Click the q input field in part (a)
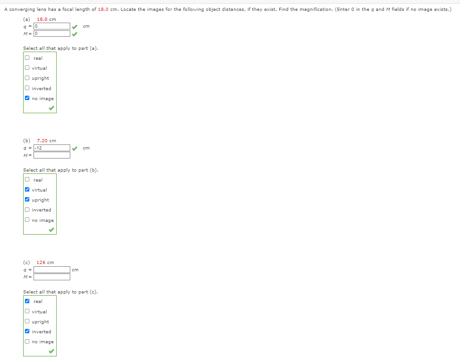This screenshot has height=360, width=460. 52,26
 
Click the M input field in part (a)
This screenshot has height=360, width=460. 52,34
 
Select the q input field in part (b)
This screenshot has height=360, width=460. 52,148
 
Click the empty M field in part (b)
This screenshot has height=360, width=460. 52,155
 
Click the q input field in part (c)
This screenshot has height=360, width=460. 52,270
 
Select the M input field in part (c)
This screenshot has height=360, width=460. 52,277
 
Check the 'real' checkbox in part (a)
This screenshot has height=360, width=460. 28,58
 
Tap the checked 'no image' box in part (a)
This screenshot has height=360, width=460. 28,98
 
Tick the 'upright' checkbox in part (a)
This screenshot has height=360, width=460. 28,78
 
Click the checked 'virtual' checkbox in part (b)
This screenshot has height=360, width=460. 28,190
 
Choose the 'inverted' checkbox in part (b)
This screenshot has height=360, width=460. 28,210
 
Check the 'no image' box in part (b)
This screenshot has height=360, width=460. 28,220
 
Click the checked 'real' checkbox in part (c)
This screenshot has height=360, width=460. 28,301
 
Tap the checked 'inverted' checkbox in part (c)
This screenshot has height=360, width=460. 28,331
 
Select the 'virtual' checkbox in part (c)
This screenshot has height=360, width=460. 28,312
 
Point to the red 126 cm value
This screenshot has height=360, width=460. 45,263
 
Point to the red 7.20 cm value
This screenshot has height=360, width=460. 46,141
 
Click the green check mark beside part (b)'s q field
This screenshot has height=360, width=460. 75,148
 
